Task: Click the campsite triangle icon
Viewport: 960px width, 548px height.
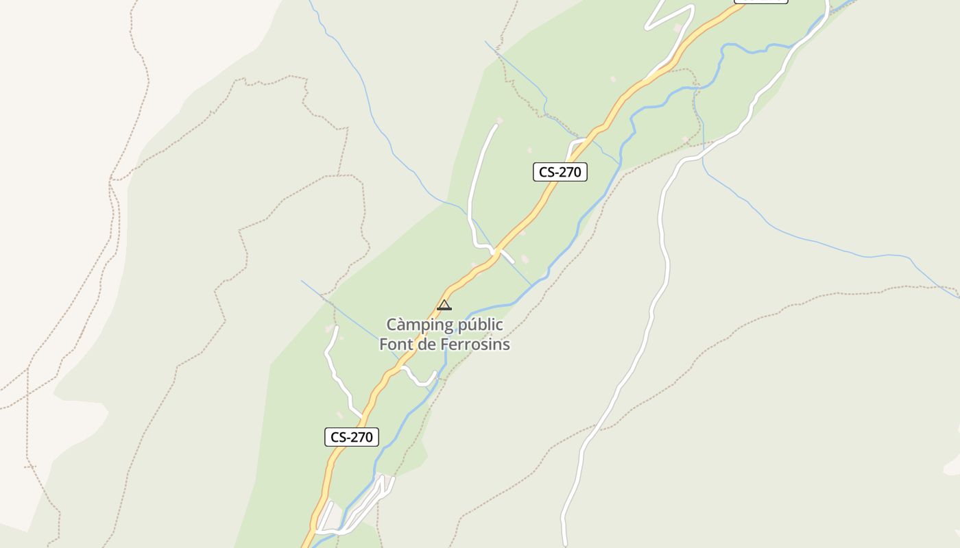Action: pyautogui.click(x=444, y=306)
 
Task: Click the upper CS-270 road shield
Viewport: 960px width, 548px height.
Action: pyautogui.click(x=560, y=172)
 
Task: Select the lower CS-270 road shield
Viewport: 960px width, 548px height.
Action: pyautogui.click(x=352, y=437)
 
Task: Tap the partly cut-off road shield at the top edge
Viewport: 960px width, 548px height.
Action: pyautogui.click(x=760, y=1)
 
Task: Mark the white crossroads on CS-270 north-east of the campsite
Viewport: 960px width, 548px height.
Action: pyautogui.click(x=493, y=251)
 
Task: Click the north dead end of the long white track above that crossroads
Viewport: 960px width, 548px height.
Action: pyautogui.click(x=496, y=125)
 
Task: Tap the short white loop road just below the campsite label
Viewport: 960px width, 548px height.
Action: pyautogui.click(x=420, y=378)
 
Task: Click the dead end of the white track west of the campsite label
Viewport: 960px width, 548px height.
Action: pyautogui.click(x=336, y=328)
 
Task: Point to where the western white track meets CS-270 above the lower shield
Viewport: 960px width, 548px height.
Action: pyautogui.click(x=362, y=415)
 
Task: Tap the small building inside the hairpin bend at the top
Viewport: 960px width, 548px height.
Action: pyautogui.click(x=678, y=27)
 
